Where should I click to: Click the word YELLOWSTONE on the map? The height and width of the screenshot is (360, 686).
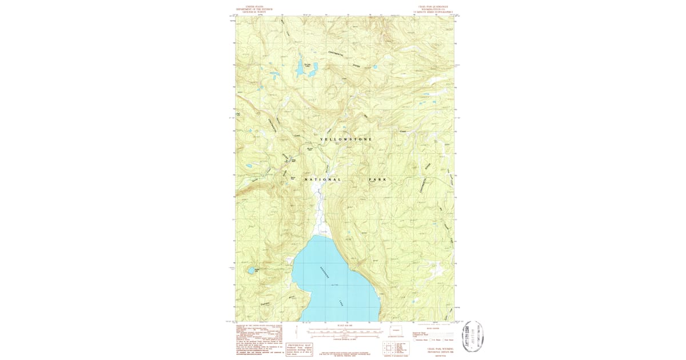click(x=346, y=139)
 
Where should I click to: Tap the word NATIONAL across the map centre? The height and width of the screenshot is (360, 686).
click(x=322, y=179)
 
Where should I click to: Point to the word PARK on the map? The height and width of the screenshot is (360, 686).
click(x=377, y=179)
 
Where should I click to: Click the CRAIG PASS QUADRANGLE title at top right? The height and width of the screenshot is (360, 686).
click(x=433, y=9)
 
